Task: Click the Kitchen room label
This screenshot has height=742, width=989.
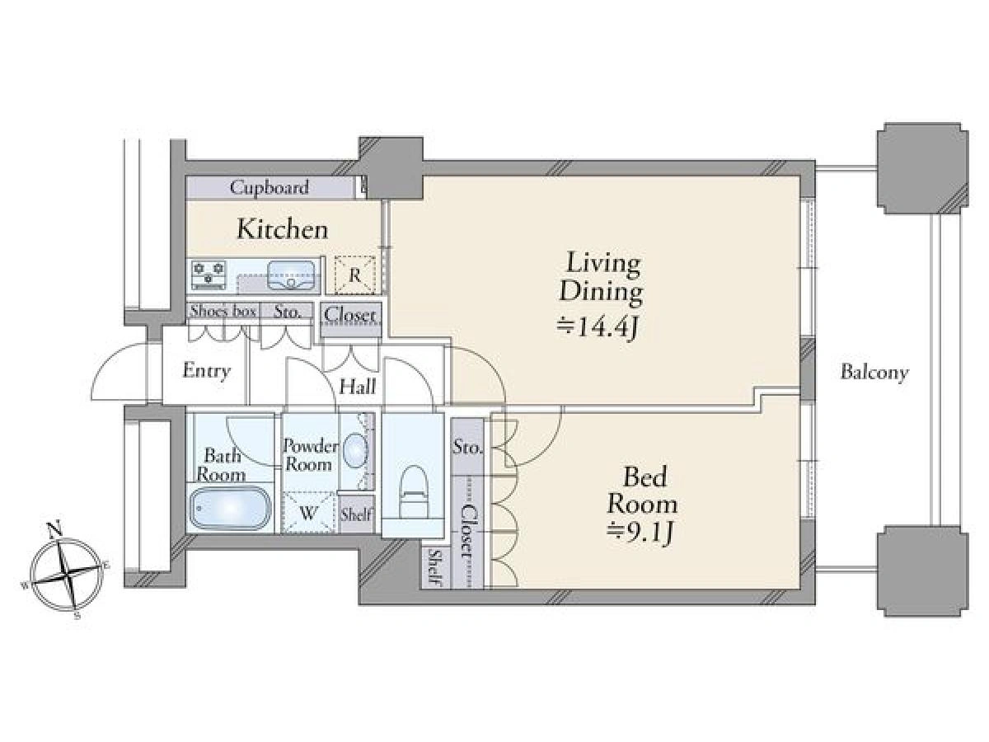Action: (282, 229)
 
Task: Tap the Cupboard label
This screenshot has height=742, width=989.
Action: (269, 187)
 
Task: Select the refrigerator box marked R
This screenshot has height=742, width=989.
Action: (354, 275)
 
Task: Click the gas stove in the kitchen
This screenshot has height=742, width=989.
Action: (209, 275)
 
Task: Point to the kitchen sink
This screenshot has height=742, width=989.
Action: (291, 275)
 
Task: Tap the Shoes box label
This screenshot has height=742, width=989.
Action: (223, 311)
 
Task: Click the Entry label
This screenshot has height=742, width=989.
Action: (206, 371)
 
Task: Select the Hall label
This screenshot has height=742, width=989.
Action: (358, 387)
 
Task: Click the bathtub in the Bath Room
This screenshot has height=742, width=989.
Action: (230, 508)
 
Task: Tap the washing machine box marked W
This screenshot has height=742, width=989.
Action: (308, 513)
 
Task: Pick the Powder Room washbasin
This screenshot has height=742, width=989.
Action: (355, 449)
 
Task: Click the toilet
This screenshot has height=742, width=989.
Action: (412, 492)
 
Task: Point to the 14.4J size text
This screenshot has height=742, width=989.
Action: (597, 328)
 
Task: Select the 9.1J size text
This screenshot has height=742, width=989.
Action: (640, 533)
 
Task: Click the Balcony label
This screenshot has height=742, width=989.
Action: (874, 373)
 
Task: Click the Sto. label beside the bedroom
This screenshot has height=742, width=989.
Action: (467, 448)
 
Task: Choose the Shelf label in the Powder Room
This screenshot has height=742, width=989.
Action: (356, 514)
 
